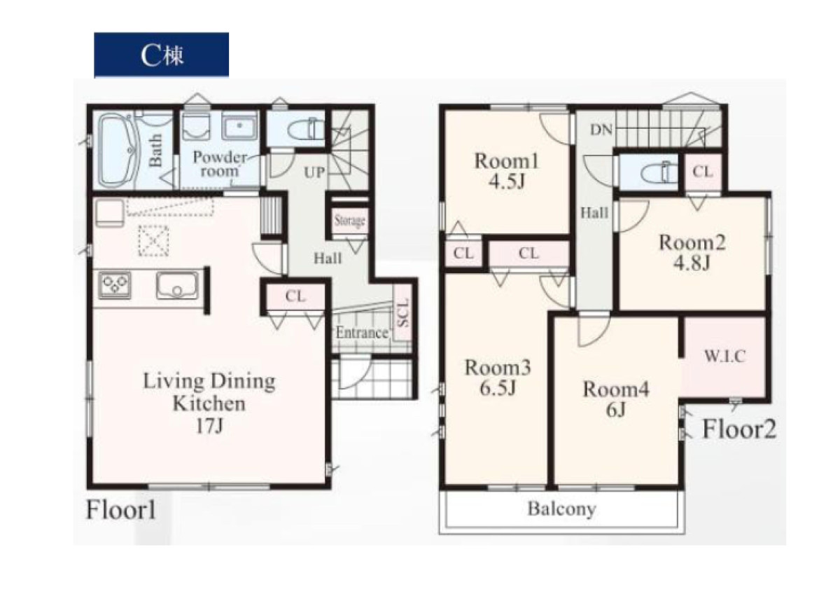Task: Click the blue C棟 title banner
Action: tap(161, 55)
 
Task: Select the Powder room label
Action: tap(219, 164)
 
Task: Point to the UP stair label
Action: tap(314, 172)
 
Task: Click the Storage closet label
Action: tap(349, 220)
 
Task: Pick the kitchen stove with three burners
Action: tap(115, 286)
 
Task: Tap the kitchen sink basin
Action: tap(177, 285)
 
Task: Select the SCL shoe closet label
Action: tap(402, 312)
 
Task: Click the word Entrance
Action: tap(362, 333)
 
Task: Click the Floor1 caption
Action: tap(120, 510)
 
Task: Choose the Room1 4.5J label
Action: tap(507, 171)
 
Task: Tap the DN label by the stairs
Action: tap(601, 130)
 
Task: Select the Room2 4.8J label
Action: tap(692, 252)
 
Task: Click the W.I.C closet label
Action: tap(725, 356)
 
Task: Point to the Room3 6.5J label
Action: tap(498, 377)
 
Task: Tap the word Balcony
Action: tap(561, 509)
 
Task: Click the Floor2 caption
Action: tap(738, 429)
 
